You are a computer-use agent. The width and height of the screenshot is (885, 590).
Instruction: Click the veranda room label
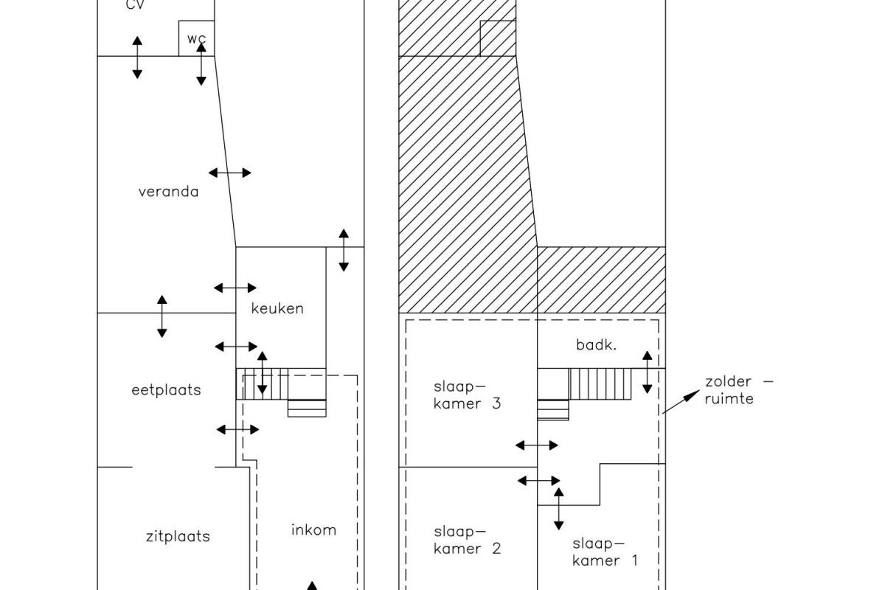click(x=168, y=192)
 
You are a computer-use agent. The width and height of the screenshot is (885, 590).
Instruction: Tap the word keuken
click(x=277, y=308)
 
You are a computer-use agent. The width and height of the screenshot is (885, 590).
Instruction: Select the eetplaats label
click(x=166, y=390)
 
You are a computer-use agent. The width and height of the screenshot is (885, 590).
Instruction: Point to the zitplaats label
click(x=178, y=536)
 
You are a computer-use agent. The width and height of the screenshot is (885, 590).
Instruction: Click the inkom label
click(x=313, y=530)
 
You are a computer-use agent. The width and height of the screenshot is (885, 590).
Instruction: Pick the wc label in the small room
click(x=196, y=39)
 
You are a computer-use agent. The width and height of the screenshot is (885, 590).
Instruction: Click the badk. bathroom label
click(x=596, y=345)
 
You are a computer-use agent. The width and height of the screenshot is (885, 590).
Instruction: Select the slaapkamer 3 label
click(x=467, y=395)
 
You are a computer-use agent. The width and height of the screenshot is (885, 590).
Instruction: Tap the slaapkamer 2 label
click(x=467, y=540)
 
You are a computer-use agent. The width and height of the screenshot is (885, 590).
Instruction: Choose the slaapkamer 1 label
click(x=605, y=552)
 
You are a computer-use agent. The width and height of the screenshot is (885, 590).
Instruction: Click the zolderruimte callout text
click(x=739, y=390)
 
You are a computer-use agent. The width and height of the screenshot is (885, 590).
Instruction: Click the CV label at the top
click(x=135, y=4)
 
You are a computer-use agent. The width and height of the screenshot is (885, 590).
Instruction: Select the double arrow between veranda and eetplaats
click(x=162, y=316)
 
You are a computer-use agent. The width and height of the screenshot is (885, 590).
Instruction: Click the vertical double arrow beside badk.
click(x=648, y=372)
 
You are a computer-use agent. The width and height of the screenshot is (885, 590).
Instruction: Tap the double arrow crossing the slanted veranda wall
click(x=229, y=173)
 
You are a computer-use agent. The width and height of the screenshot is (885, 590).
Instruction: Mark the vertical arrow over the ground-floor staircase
click(x=263, y=373)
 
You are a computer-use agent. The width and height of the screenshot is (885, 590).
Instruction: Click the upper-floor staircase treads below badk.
click(x=600, y=384)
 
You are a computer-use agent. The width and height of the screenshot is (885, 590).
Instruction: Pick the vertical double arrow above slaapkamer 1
click(x=559, y=509)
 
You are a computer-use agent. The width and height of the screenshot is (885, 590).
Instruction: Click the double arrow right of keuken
click(x=344, y=250)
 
